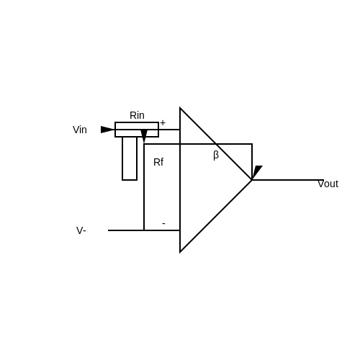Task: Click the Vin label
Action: (80, 130)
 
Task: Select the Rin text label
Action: (137, 115)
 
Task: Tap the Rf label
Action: (158, 162)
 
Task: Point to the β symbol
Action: (216, 156)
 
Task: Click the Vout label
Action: (328, 184)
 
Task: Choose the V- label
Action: (81, 230)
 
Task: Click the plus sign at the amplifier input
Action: (163, 123)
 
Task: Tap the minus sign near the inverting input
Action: (163, 223)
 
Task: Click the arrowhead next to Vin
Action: (107, 130)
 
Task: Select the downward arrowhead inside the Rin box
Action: (144, 136)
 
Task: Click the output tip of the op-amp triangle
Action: (252, 180)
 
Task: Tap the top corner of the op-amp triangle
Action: (180, 108)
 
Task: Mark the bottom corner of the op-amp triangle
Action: (180, 252)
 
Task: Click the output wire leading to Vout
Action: (288, 180)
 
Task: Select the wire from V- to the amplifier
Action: (144, 230)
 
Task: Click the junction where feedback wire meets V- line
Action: (144, 230)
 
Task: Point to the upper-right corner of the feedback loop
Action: (252, 144)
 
